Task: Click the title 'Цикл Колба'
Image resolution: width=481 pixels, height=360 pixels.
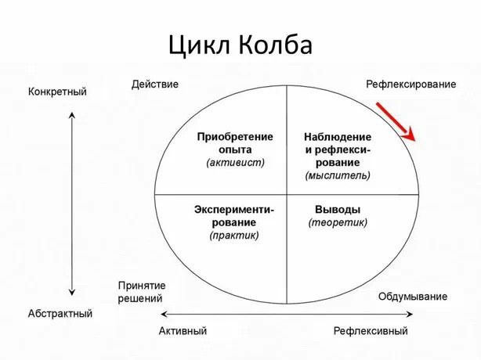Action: (x=240, y=45)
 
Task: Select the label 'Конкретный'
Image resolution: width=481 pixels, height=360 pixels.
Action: (x=57, y=92)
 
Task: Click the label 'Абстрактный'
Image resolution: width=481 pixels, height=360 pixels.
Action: (x=60, y=314)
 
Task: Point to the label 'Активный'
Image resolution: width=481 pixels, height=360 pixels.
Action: (x=183, y=331)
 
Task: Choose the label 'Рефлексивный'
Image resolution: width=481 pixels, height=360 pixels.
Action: (x=371, y=331)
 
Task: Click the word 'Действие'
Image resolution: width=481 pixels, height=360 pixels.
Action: (x=154, y=84)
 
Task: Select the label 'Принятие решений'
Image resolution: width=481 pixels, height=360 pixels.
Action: (x=140, y=291)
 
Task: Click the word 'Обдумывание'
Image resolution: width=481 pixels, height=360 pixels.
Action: (x=413, y=297)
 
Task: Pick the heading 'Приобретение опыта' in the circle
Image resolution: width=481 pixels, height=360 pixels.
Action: (x=236, y=142)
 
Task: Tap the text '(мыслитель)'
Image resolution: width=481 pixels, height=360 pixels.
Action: (x=338, y=175)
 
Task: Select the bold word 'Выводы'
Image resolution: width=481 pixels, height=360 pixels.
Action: (x=338, y=209)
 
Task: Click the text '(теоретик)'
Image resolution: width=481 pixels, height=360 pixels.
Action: (x=338, y=222)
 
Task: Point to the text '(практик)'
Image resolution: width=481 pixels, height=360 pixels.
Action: (x=233, y=235)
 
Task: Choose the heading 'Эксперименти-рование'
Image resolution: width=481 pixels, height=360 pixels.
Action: (x=233, y=215)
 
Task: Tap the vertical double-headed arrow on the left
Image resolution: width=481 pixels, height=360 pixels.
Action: (x=72, y=203)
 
